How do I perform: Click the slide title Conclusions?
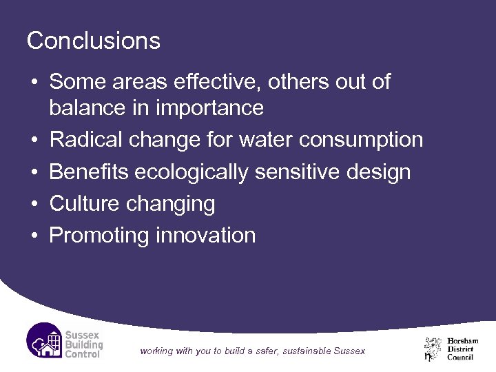point(93,41)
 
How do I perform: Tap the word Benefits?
point(89,172)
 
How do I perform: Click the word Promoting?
point(100,235)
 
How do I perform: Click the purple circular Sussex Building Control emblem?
point(45,340)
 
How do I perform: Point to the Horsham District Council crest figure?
point(433,348)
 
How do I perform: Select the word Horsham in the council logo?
point(463,341)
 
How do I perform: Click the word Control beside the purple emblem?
point(83,354)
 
